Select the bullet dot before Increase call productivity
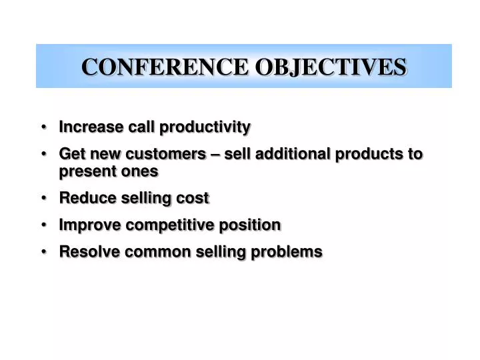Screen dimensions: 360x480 coord(44,127)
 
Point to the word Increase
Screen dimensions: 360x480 coord(87,127)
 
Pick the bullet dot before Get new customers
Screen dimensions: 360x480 coord(44,154)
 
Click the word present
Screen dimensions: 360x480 coord(87,171)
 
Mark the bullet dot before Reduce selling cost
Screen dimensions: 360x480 coord(44,198)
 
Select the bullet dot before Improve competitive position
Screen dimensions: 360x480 coord(44,225)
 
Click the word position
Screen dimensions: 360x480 coord(248,225)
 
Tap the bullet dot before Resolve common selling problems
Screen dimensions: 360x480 coord(44,251)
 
